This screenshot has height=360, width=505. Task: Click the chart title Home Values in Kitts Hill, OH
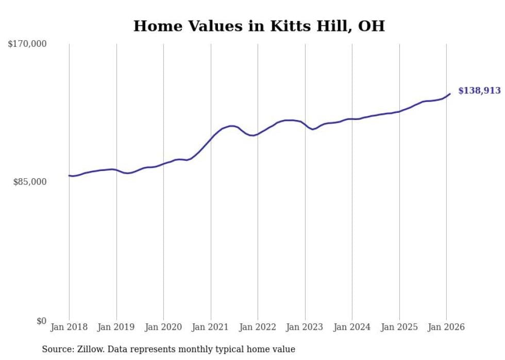pos(259,26)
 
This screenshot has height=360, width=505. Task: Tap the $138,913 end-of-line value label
pos(479,91)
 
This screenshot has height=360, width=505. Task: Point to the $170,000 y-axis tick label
pos(27,44)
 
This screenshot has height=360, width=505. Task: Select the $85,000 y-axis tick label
pos(30,182)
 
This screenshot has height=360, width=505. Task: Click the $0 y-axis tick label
pos(41,321)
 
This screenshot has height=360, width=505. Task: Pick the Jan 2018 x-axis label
pos(69,327)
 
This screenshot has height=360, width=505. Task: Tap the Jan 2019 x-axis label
pos(116,327)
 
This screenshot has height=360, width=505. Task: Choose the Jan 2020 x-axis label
pos(163,327)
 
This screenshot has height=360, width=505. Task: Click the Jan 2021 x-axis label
pos(211,327)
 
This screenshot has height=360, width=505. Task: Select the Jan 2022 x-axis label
pos(258,327)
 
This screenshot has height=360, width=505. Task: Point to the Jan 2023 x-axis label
pos(305,327)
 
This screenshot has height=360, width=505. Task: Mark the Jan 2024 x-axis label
pos(352,327)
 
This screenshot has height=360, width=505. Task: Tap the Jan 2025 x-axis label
pos(399,327)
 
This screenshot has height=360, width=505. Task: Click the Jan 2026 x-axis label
pos(446,327)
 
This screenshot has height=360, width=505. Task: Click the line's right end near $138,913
pos(450,94)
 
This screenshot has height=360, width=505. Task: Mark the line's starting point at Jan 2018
pos(69,176)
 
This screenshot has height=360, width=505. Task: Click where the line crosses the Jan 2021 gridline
pos(211,138)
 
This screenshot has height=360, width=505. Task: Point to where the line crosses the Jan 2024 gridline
pos(352,119)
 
